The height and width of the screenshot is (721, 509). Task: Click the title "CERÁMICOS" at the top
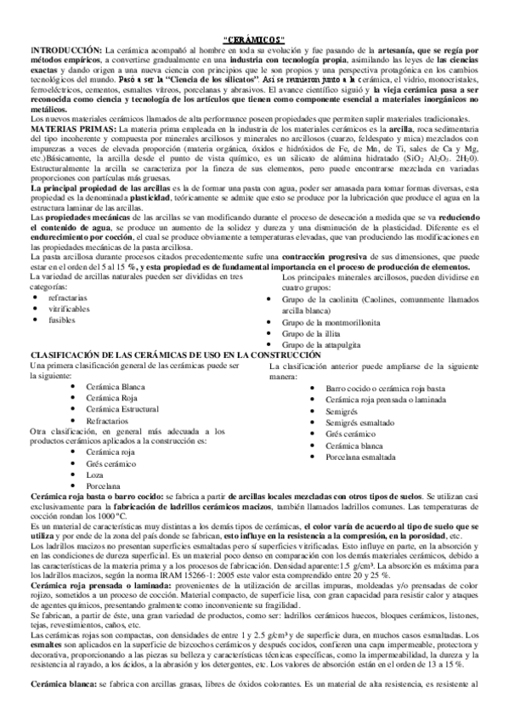coord(254,40)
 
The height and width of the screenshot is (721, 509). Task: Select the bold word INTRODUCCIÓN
coord(65,51)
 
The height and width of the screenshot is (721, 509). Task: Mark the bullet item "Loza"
coord(94,473)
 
